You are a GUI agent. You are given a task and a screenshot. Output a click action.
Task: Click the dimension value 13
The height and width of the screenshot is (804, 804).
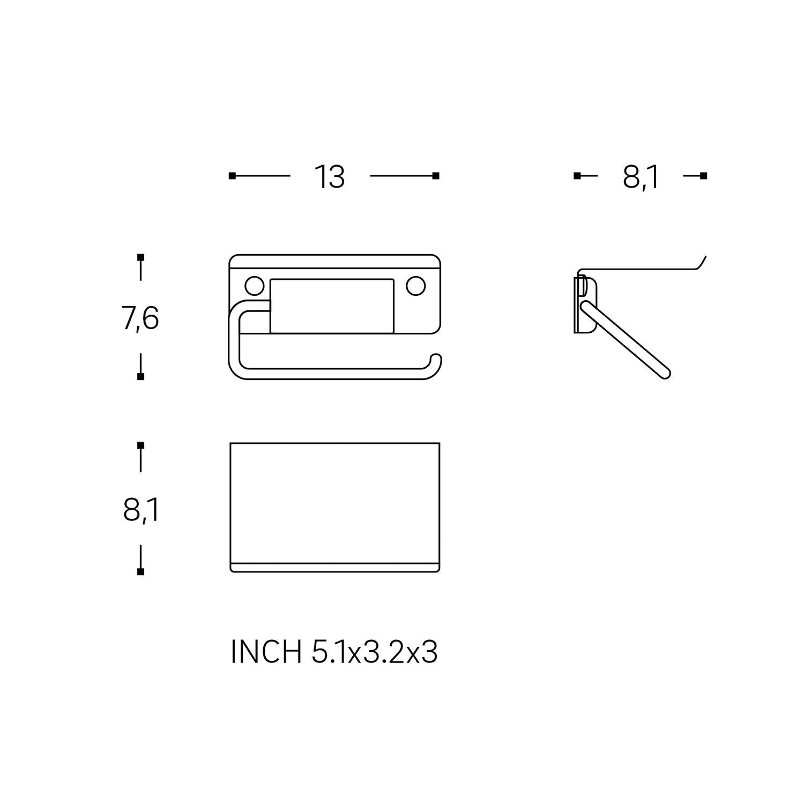(329, 177)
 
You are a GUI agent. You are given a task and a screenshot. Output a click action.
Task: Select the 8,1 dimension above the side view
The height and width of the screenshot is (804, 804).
(641, 177)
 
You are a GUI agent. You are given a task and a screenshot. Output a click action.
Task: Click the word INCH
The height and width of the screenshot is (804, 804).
(266, 652)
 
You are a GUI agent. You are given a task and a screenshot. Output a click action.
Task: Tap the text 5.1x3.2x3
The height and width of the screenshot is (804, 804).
(374, 652)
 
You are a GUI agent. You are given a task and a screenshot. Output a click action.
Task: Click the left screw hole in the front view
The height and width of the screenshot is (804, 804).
(254, 286)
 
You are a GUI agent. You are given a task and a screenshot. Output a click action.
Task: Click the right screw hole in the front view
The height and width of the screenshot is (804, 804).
(415, 286)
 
